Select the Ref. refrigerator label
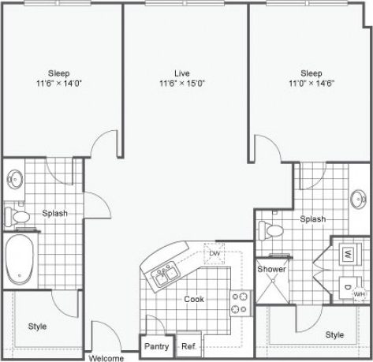pos(188,345)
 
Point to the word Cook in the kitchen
pos(194,299)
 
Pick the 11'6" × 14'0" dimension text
pos(62,81)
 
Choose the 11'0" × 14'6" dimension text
pos(313,81)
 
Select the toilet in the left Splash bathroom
pos(20,213)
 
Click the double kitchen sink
pos(163,276)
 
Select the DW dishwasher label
pos(214,252)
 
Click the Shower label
pos(271,269)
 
